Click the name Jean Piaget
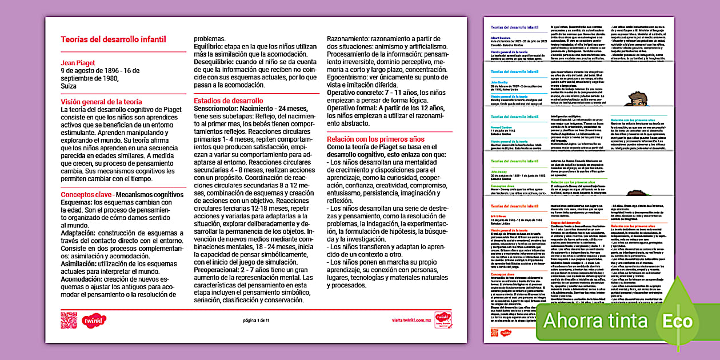pyautogui.click(x=78, y=63)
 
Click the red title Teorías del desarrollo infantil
pyautogui.click(x=113, y=39)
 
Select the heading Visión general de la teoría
pyautogui.click(x=102, y=102)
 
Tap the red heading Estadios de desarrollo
pyautogui.click(x=228, y=101)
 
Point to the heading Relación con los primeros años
pyautogui.click(x=375, y=139)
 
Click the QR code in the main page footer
pyautogui.click(x=69, y=319)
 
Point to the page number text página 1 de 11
pyautogui.click(x=256, y=321)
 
